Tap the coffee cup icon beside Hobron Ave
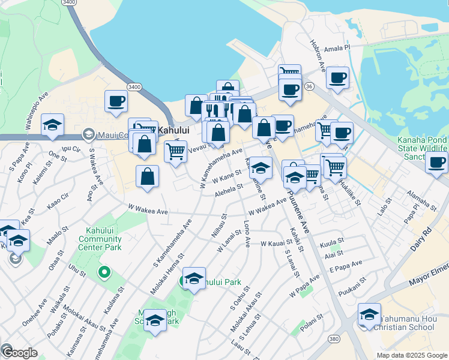coord(337,77)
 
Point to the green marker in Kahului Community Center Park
coord(104,274)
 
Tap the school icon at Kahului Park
coord(194,278)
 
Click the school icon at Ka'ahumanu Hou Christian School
coord(369,314)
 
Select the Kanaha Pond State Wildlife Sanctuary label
coord(423,148)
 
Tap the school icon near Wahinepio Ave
coord(52,125)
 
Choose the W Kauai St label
coord(276,244)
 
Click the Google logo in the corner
coord(19,353)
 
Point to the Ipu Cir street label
coord(71,148)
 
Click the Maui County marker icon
coord(88,133)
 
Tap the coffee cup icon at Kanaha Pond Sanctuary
coord(436,161)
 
